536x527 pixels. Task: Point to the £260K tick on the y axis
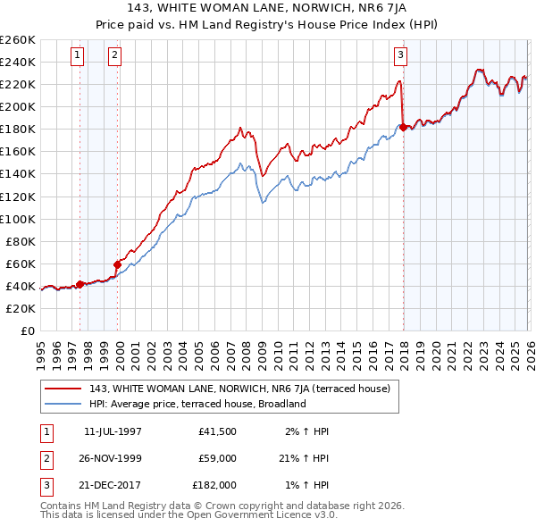pyautogui.click(x=17, y=40)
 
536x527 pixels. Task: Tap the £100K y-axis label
pyautogui.click(x=17, y=219)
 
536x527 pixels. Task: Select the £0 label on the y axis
pyautogui.click(x=27, y=330)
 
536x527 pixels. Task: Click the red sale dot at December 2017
pyautogui.click(x=403, y=127)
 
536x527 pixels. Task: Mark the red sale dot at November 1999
pyautogui.click(x=117, y=264)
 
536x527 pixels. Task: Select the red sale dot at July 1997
pyautogui.click(x=80, y=284)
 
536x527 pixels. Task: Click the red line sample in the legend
pyautogui.click(x=63, y=389)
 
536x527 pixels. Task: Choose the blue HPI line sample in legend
pyautogui.click(x=63, y=404)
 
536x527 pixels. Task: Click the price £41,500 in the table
pyautogui.click(x=217, y=431)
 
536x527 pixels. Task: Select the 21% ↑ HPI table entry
pyautogui.click(x=304, y=458)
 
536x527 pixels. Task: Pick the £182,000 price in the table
pyautogui.click(x=214, y=485)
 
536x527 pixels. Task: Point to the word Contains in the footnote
pyautogui.click(x=62, y=506)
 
